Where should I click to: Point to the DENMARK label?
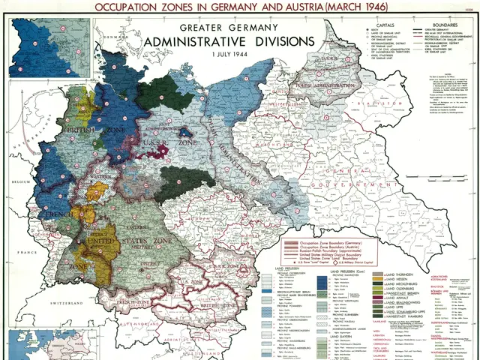[112, 35]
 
